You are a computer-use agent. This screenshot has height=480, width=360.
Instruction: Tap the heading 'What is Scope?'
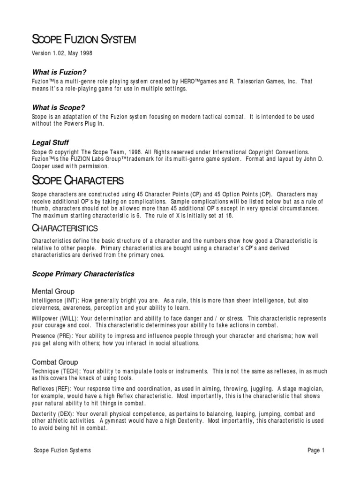[58, 107]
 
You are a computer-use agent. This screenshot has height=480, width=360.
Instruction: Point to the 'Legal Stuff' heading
[51, 142]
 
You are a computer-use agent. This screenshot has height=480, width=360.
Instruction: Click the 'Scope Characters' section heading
[77, 180]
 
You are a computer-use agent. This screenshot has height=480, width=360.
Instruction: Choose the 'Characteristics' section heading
[65, 228]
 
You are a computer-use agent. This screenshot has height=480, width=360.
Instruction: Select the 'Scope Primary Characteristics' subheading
[83, 274]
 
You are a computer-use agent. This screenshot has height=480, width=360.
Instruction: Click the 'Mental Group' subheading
[53, 291]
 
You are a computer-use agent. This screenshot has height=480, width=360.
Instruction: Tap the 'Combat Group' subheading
[55, 362]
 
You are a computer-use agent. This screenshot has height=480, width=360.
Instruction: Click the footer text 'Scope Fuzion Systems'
[62, 450]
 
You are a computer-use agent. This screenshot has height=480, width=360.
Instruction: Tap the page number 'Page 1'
[316, 450]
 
